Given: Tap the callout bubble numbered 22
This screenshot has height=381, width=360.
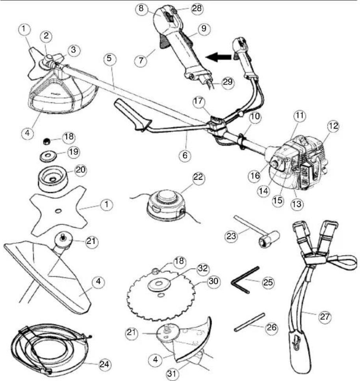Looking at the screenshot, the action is [x=198, y=178].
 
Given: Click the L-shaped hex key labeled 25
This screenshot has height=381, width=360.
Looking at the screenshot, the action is [x=244, y=280].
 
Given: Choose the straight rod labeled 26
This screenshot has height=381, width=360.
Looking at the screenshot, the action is [x=249, y=322].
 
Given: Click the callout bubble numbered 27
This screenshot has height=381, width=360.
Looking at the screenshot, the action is [x=325, y=316].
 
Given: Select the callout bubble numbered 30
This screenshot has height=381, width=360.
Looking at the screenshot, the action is [x=213, y=281].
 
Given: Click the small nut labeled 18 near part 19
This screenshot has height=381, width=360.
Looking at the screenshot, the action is [x=46, y=141].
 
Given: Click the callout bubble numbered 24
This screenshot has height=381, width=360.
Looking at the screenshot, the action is [x=104, y=364].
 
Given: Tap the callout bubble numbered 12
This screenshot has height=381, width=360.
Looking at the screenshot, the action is [x=333, y=126].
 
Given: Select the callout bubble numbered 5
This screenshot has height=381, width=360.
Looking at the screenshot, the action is [x=109, y=58].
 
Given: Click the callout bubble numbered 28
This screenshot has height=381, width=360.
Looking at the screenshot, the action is [x=197, y=8].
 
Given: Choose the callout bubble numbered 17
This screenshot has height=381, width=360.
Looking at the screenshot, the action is [x=199, y=101].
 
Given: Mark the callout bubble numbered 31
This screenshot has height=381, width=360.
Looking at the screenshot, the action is [x=172, y=374].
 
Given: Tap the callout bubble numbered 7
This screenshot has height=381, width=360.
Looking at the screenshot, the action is [x=141, y=60].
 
